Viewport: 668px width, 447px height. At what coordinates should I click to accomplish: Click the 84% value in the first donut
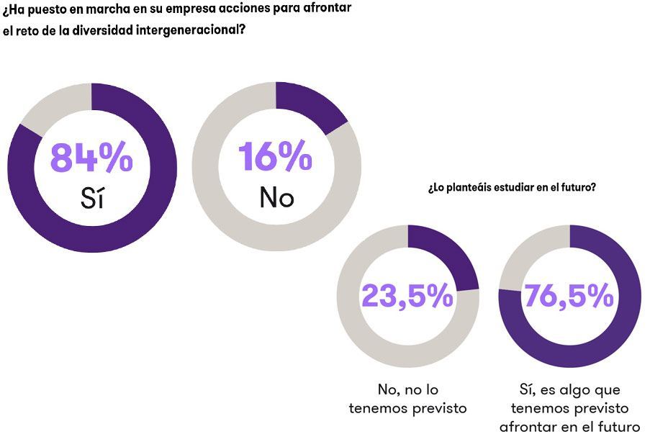pos(91,158)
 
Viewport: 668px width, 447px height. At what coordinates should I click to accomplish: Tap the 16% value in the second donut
pos(275,156)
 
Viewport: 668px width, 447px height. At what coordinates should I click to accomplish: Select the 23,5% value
pos(407,295)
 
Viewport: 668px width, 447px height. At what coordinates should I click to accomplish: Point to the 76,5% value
pos(569,295)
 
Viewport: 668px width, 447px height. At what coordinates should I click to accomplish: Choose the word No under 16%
pos(276,197)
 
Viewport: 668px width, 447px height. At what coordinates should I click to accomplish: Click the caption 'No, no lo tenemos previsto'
pos(407,399)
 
